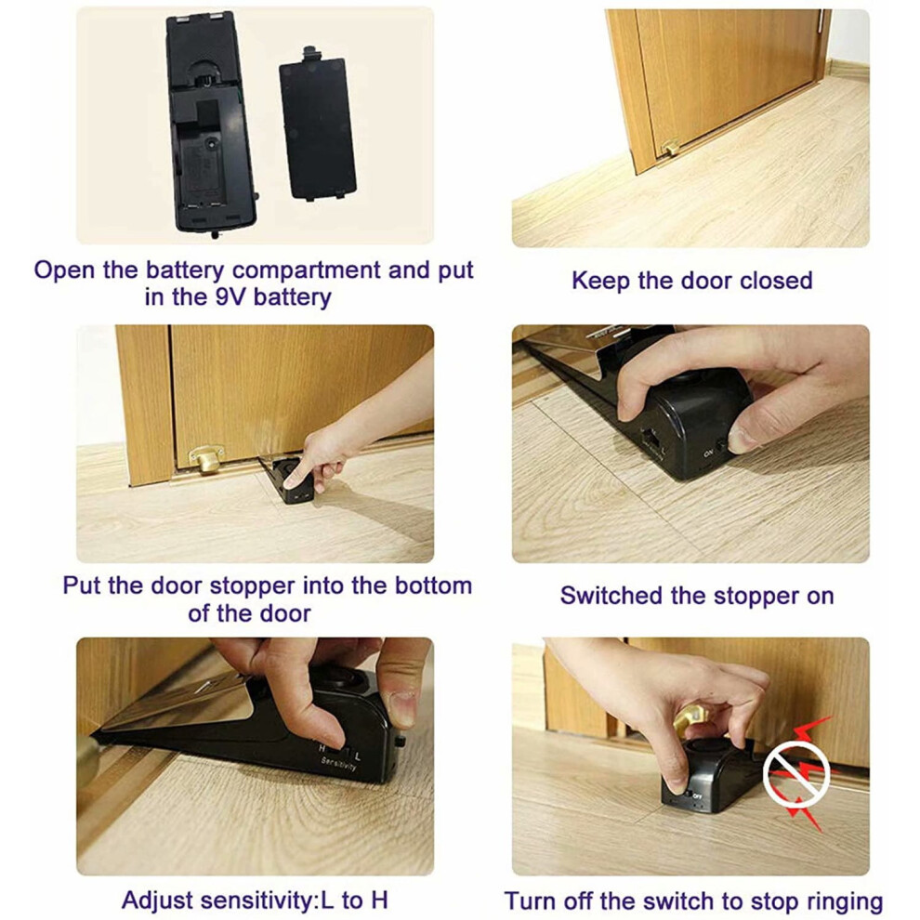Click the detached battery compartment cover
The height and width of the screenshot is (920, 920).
[318, 125]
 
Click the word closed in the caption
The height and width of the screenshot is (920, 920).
[776, 281]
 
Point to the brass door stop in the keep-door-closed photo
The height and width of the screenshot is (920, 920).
[671, 147]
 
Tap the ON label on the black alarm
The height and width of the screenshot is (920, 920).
[708, 453]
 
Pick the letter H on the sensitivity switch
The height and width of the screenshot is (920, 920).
[322, 748]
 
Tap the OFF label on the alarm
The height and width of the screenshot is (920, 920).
[698, 796]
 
